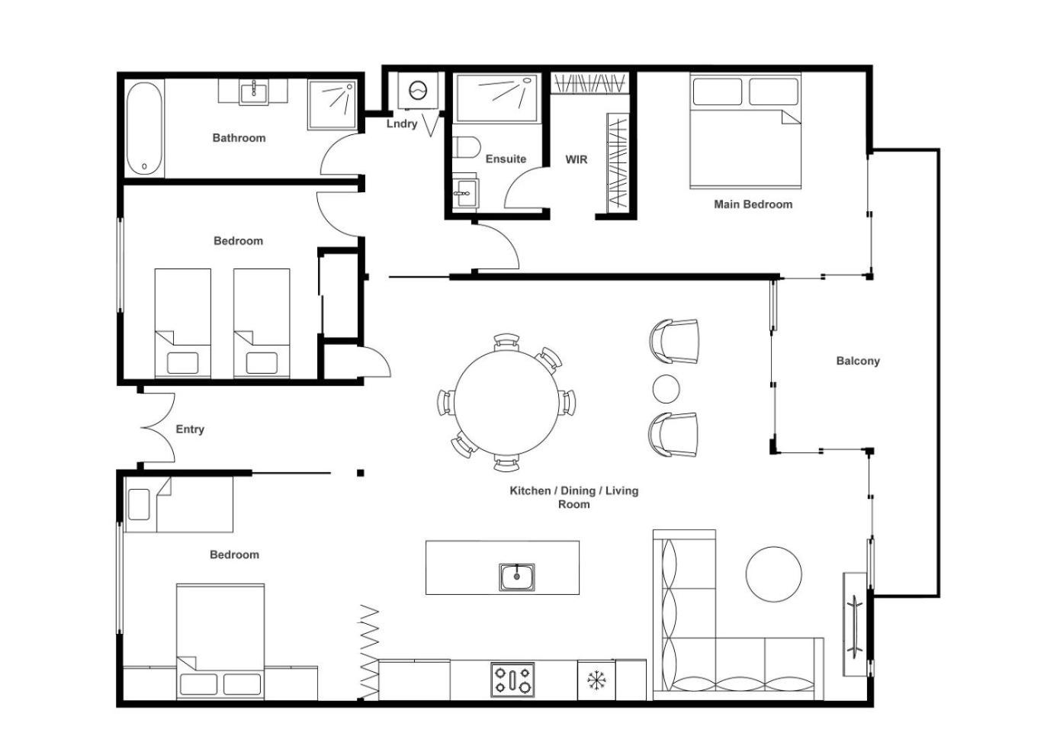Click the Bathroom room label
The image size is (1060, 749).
[239, 138]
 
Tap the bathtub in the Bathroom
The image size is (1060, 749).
[146, 129]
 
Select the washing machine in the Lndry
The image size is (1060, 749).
[418, 90]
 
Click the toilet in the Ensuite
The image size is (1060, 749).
[466, 147]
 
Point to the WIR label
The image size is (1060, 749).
[577, 159]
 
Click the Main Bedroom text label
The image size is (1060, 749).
[753, 204]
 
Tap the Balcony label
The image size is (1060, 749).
[858, 361]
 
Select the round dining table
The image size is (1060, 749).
[506, 402]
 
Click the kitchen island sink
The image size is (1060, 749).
[517, 577]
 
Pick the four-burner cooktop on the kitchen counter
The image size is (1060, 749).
[512, 680]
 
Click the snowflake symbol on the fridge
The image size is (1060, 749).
[596, 680]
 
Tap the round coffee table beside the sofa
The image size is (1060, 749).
[774, 574]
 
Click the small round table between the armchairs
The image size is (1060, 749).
[667, 389]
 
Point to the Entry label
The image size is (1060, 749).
[190, 429]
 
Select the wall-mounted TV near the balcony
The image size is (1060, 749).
[855, 625]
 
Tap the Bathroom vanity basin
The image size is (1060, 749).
[254, 93]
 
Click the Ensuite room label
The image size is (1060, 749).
[506, 159]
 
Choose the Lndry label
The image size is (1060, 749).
[402, 124]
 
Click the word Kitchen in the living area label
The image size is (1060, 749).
[530, 490]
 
